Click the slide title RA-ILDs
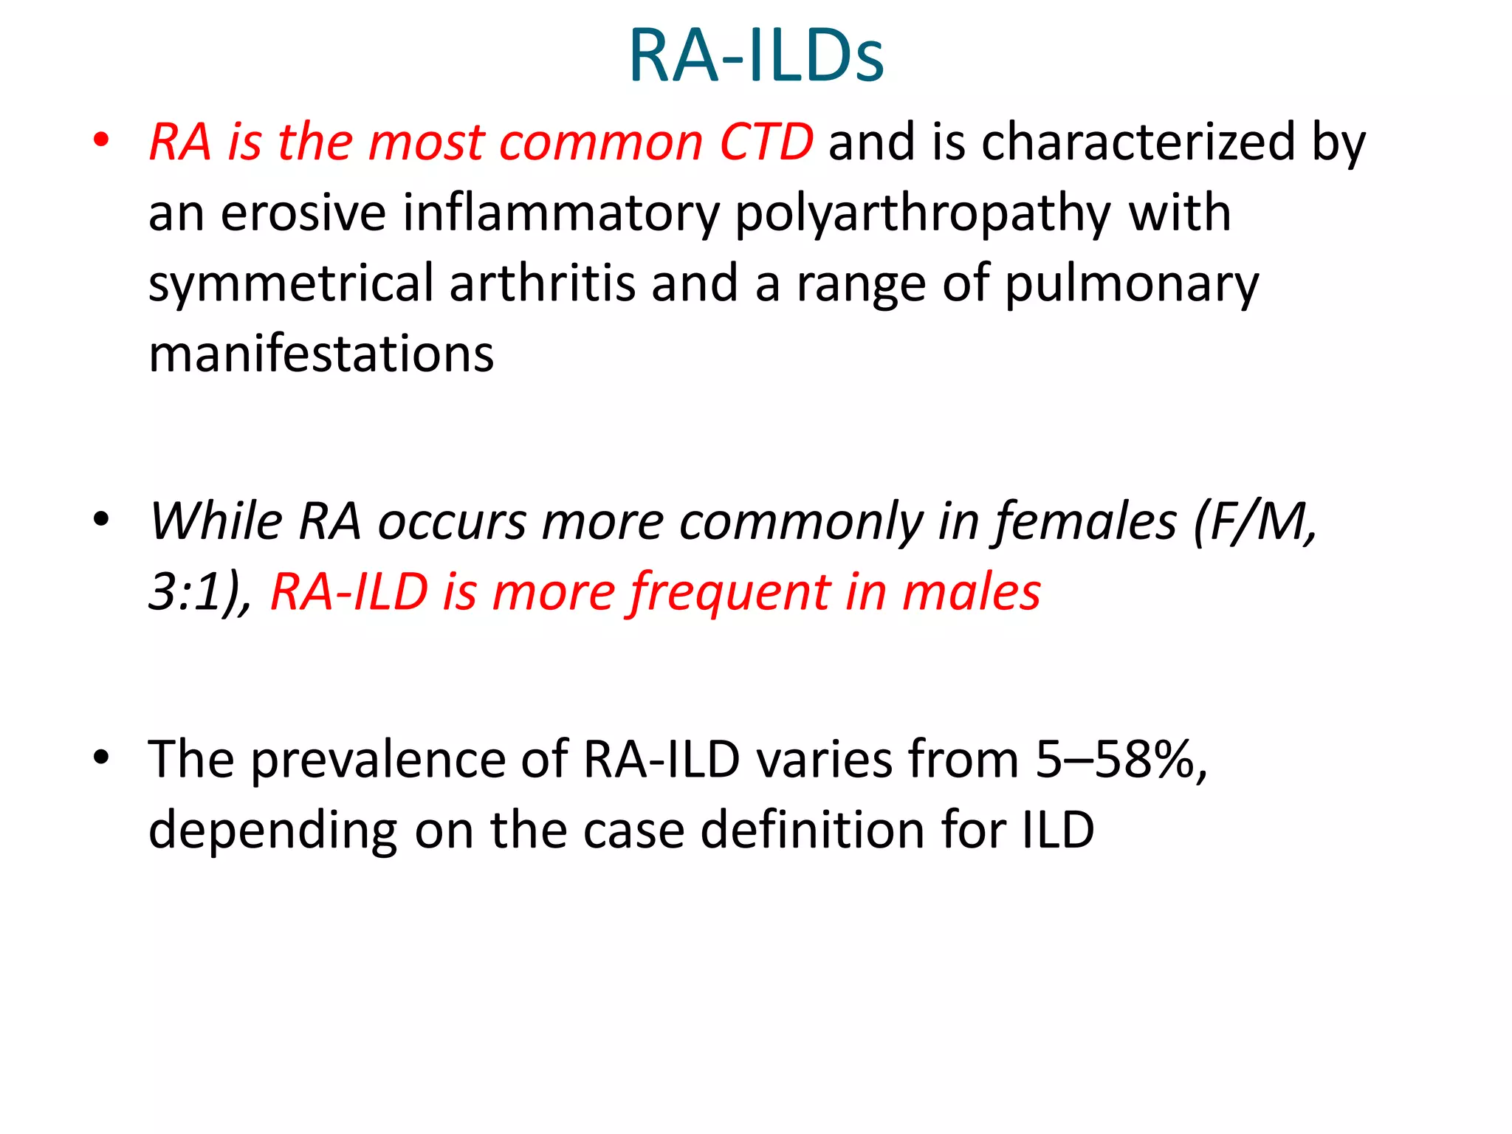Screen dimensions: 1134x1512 point(756,56)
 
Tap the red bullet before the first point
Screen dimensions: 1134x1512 point(101,140)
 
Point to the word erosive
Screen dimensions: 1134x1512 point(303,213)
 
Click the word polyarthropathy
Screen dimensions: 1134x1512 point(923,214)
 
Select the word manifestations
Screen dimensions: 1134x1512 point(321,354)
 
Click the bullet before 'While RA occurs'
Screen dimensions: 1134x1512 point(101,520)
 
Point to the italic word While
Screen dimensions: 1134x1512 point(216,521)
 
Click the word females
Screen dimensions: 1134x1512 point(1086,523)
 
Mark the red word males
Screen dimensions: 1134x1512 point(971,592)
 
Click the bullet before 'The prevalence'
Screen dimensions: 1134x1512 point(101,757)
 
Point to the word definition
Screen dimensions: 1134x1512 point(812,830)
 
